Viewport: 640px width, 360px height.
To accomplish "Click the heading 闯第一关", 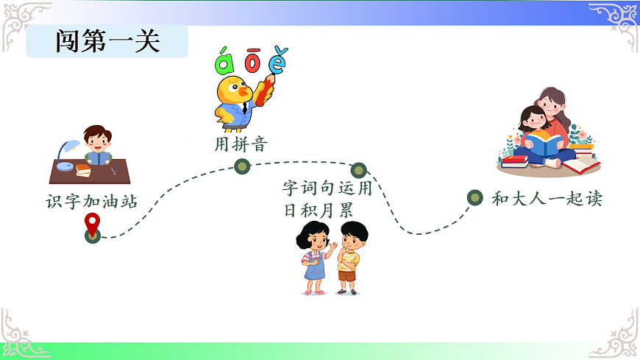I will click(107, 41).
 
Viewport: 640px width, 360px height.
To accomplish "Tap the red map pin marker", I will click(92, 222).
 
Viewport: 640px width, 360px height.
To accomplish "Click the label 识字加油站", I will click(92, 201).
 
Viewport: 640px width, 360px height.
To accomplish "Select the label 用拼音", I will click(240, 144).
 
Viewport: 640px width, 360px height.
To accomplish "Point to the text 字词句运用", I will click(327, 188).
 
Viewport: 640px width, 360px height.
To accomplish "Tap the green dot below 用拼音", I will click(242, 166).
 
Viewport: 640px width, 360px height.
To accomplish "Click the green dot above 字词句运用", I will click(358, 170).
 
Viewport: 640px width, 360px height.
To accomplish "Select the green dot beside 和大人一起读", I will click(475, 197).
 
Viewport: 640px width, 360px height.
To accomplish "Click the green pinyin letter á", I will click(223, 62).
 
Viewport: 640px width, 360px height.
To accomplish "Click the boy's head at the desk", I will click(97, 138).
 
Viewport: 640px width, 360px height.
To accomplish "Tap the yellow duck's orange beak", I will click(244, 91).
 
